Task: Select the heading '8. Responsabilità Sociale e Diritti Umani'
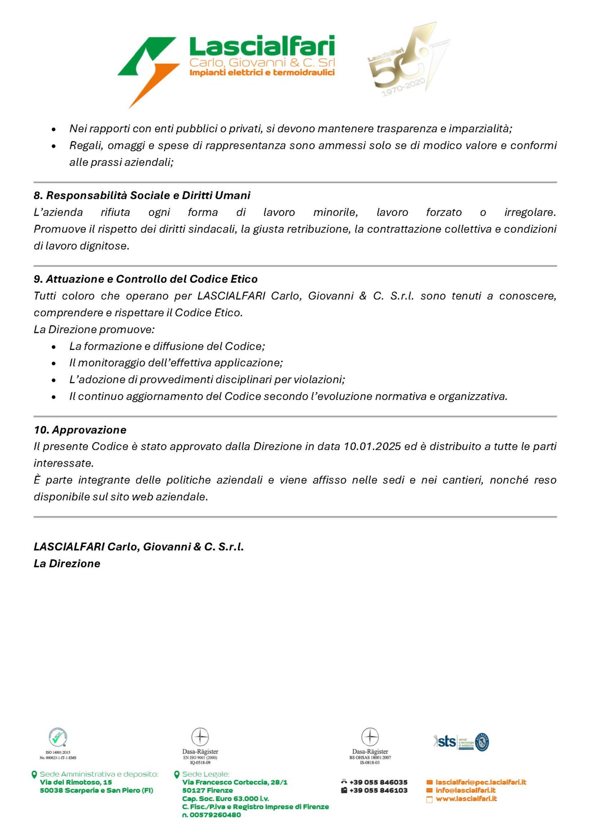tap(142, 196)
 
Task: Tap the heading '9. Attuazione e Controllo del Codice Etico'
tap(145, 279)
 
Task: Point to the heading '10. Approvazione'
tap(80, 430)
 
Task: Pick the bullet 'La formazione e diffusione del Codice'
tap(167, 346)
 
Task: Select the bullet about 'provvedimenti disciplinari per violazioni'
tap(207, 380)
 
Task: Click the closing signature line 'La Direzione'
tap(67, 564)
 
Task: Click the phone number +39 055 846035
tap(378, 782)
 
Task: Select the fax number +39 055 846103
tap(378, 790)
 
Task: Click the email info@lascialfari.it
tap(465, 790)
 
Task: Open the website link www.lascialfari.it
tap(466, 798)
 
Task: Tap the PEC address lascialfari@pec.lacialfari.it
tap(481, 782)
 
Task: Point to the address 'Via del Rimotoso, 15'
tap(76, 782)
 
